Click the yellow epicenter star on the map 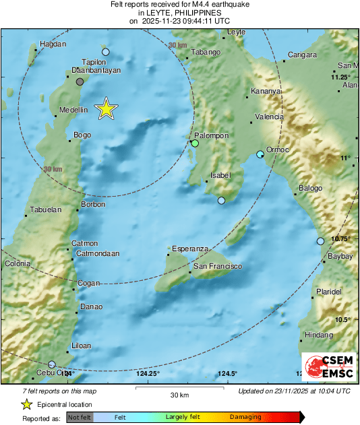pyautogui.click(x=105, y=108)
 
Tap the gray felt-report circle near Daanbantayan pyautogui.click(x=80, y=81)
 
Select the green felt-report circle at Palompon pyautogui.click(x=195, y=143)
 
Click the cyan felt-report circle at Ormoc pyautogui.click(x=260, y=155)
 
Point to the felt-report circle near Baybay pyautogui.click(x=321, y=241)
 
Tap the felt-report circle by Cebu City pyautogui.click(x=52, y=364)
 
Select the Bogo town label pyautogui.click(x=82, y=135)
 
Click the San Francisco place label pyautogui.click(x=218, y=267)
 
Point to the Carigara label pyautogui.click(x=302, y=55)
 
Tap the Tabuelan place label pyautogui.click(x=47, y=209)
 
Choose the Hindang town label pyautogui.click(x=319, y=335)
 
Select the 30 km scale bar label pyautogui.click(x=179, y=395)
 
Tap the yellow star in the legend pyautogui.click(x=26, y=404)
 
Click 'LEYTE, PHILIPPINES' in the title pyautogui.click(x=179, y=12)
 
